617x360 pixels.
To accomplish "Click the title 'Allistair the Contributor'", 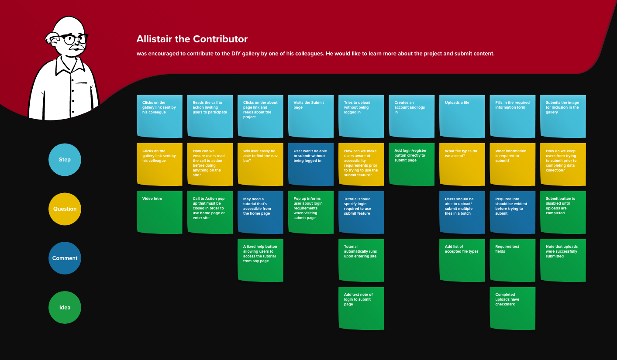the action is (x=192, y=39).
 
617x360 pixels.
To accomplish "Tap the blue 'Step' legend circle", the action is (x=65, y=160).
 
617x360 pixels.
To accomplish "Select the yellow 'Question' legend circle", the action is (x=65, y=209).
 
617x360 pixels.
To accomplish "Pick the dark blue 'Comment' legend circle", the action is (x=65, y=258).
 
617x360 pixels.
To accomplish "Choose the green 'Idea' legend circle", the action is (x=65, y=308).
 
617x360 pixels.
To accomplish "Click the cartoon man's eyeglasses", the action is (x=72, y=39).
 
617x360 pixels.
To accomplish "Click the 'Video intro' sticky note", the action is (x=159, y=213).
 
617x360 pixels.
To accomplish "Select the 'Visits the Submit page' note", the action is (x=311, y=117).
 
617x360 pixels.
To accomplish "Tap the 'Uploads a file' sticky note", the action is (x=462, y=117).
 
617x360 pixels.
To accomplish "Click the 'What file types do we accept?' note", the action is (x=462, y=165).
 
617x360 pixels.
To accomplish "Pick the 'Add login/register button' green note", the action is (x=412, y=165).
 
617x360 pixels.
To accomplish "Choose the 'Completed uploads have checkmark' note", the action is (x=513, y=308).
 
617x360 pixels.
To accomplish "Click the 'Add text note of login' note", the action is (x=362, y=308).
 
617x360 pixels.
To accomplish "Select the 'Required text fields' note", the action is (x=513, y=261).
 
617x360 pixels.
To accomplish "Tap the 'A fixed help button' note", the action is (x=260, y=261).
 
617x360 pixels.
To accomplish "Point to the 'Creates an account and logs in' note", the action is (x=412, y=117).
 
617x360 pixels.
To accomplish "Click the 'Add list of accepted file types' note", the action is (x=462, y=261).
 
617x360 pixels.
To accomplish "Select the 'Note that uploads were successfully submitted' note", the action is (x=563, y=261).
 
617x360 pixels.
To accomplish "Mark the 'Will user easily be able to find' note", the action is (x=260, y=165).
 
